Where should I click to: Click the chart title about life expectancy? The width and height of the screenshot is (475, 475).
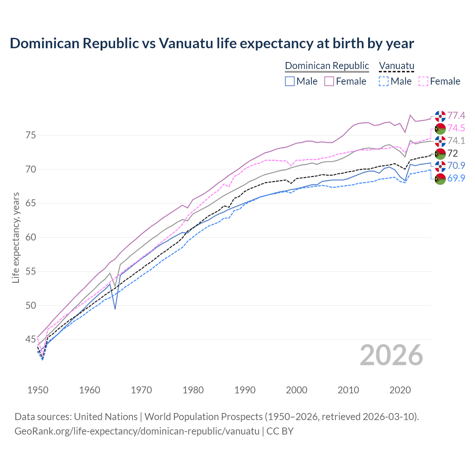(x=212, y=43)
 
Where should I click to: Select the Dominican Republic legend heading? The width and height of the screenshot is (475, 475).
(x=327, y=66)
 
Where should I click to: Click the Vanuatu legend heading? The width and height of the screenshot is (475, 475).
(x=396, y=66)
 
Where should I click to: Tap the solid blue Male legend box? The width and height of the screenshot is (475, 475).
(x=290, y=81)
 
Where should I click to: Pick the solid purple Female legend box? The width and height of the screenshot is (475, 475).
(x=329, y=81)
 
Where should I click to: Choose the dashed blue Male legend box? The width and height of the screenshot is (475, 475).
(x=384, y=81)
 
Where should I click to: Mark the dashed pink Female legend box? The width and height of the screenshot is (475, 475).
(x=423, y=81)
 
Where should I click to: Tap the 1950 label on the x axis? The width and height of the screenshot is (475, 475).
(x=38, y=390)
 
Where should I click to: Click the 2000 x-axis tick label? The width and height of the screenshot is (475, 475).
(x=297, y=390)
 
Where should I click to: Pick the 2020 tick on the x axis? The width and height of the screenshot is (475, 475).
(x=400, y=390)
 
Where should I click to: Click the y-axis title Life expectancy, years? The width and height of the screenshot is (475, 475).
(x=16, y=237)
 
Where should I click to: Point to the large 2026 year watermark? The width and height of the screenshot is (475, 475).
(x=391, y=355)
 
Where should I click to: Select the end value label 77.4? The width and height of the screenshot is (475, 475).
(x=456, y=116)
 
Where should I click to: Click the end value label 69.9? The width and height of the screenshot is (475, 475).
(x=456, y=178)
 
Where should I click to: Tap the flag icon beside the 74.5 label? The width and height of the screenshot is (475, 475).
(x=440, y=128)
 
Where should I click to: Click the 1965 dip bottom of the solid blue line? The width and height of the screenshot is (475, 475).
(x=115, y=309)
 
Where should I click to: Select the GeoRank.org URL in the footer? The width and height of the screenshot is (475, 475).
(x=137, y=431)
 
